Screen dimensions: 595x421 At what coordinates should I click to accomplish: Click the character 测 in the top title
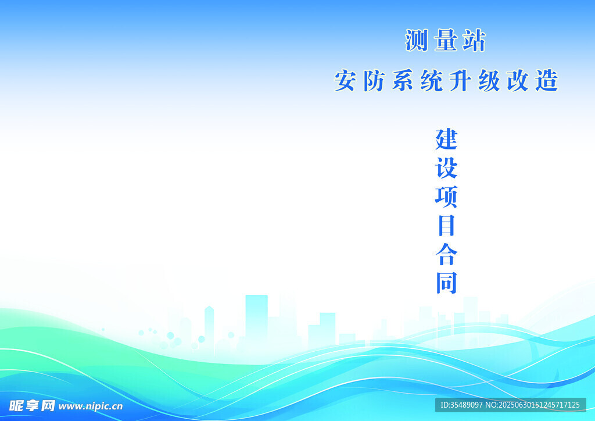[x=417, y=40]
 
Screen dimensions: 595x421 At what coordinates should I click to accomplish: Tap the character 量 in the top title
[x=446, y=40]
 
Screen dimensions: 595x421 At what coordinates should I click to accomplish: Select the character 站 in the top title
[x=474, y=40]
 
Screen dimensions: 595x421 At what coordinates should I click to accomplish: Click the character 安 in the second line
[x=345, y=80]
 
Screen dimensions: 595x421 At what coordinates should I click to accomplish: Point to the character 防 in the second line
[x=374, y=80]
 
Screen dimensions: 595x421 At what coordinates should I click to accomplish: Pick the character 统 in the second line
[x=432, y=80]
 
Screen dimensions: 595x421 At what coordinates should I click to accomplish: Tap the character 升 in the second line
[x=460, y=80]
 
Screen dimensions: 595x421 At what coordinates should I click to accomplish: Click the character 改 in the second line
[x=518, y=80]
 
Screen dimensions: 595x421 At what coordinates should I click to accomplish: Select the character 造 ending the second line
[x=547, y=80]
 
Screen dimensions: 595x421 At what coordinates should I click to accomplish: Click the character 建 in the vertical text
[x=446, y=140]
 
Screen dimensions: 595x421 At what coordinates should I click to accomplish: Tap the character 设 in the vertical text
[x=446, y=168]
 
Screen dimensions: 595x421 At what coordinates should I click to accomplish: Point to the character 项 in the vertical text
[x=446, y=197]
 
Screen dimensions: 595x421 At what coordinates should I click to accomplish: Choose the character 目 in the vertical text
[x=446, y=226]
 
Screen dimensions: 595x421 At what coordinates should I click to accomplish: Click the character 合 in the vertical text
[x=446, y=254]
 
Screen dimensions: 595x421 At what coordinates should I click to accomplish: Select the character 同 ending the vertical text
[x=446, y=283]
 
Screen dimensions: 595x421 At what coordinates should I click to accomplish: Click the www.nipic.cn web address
[x=91, y=406]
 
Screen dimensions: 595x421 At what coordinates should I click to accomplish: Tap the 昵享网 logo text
[x=32, y=406]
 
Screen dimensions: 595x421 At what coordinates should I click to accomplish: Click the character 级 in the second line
[x=489, y=80]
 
